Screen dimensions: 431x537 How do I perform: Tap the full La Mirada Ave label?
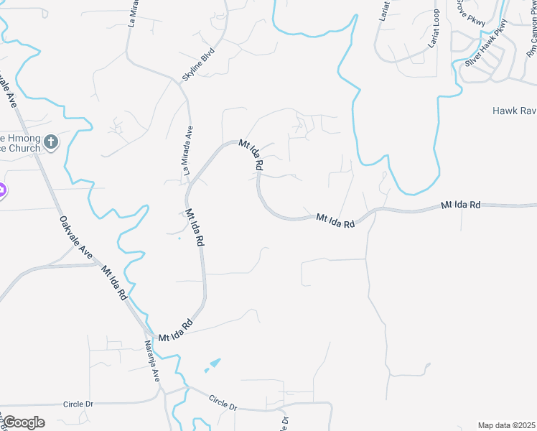[x=189, y=151]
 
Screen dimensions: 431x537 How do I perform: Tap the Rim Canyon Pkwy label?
[x=531, y=36]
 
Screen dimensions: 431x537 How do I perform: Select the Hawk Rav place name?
[x=514, y=111]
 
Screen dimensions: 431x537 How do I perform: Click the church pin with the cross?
[x=50, y=142]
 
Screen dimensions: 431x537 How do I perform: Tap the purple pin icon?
[x=1, y=192]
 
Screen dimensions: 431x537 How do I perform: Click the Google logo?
[x=24, y=422]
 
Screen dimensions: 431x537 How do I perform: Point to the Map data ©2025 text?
[x=506, y=425]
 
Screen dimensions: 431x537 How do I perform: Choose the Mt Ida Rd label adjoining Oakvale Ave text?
[x=114, y=282]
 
